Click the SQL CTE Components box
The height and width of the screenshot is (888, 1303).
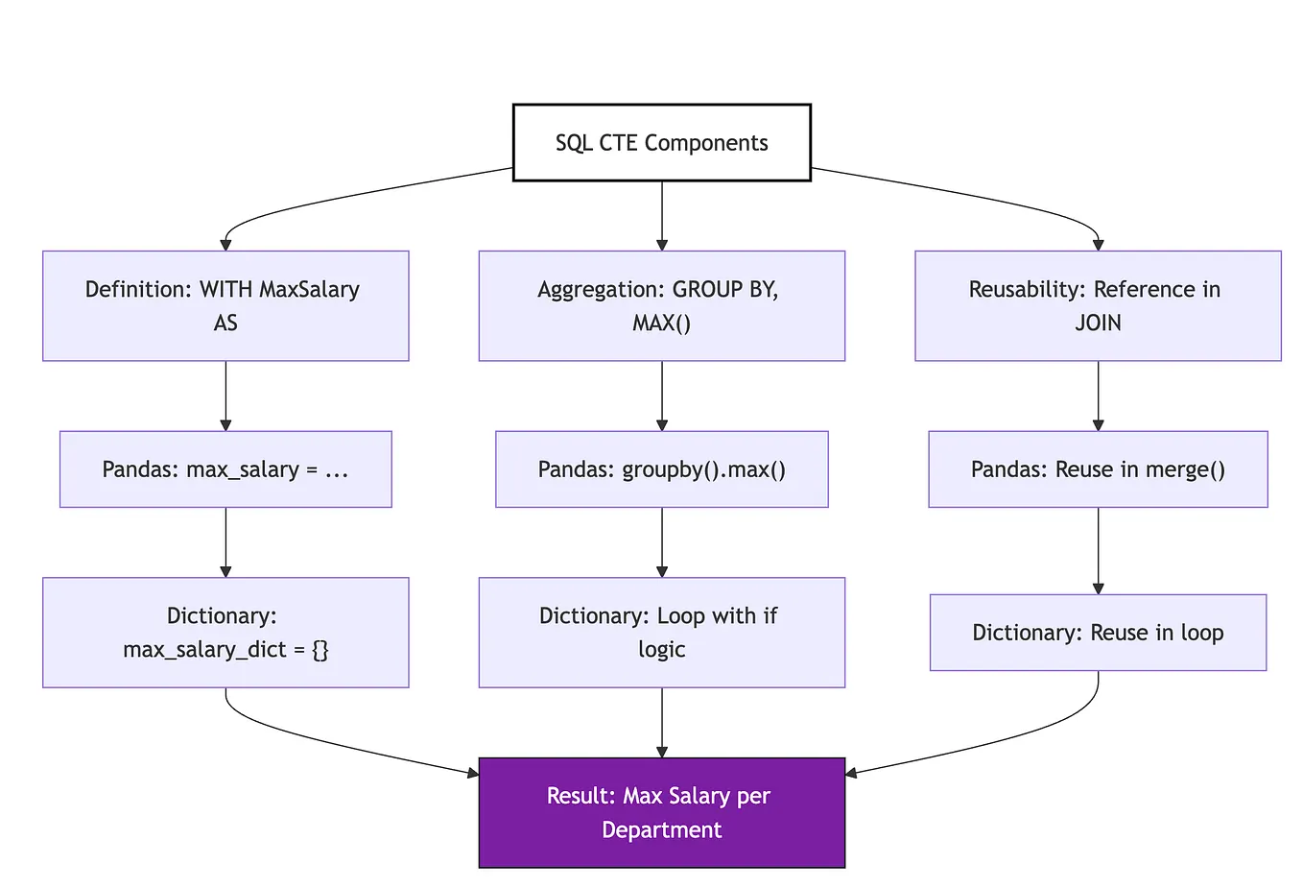[661, 142]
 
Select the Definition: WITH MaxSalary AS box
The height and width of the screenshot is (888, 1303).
[225, 305]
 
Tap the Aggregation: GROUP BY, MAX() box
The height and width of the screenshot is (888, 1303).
[661, 305]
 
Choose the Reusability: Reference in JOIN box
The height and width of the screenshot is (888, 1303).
[1098, 305]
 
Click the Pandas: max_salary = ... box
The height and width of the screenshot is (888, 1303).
[225, 468]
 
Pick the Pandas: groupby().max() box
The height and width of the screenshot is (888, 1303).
[661, 468]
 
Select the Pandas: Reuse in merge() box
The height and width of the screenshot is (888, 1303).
[1098, 468]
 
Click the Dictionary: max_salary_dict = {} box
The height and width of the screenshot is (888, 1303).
[225, 632]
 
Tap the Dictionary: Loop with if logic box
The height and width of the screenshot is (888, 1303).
[661, 632]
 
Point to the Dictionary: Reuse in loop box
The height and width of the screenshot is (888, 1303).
[1098, 632]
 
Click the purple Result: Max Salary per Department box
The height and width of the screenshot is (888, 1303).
[661, 812]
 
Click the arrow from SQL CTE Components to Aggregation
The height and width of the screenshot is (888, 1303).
[662, 215]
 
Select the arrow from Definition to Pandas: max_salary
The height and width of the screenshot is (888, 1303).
[225, 396]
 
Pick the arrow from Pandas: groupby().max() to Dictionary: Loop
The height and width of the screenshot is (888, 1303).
[662, 542]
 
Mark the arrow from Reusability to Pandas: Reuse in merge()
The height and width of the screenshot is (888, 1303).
[1099, 396]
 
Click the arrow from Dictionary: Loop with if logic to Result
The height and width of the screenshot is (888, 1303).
[662, 722]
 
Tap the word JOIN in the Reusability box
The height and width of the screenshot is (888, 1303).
[1098, 323]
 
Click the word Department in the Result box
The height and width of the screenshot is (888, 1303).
[661, 829]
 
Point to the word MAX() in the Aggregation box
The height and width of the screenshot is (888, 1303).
[661, 323]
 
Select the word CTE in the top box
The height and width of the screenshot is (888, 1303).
[618, 143]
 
